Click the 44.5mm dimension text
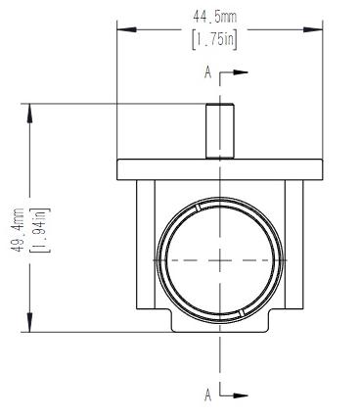pos(215,17)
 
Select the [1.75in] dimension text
pos(215,40)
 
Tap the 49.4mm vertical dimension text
pos(19,230)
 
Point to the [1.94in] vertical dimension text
pos(40,230)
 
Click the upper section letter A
pos(207,72)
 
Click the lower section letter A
pos(207,395)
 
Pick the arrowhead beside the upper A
pos(241,72)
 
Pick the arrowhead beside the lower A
pos(241,395)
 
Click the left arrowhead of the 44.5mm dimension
pos(126,29)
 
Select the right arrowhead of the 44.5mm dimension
pos(313,29)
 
